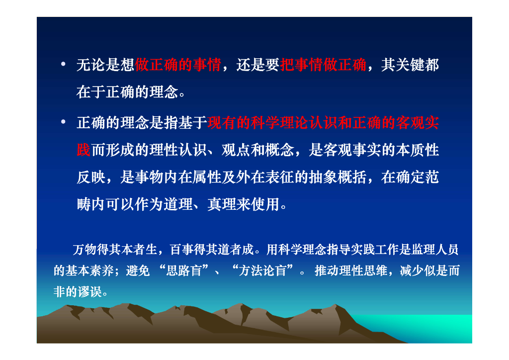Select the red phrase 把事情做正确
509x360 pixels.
click(x=324, y=65)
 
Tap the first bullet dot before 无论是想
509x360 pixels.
click(x=63, y=65)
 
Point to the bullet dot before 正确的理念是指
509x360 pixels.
click(x=63, y=122)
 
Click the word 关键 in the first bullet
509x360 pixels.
click(x=410, y=65)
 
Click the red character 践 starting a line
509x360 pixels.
click(x=84, y=150)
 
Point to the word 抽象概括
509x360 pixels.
click(x=324, y=178)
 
